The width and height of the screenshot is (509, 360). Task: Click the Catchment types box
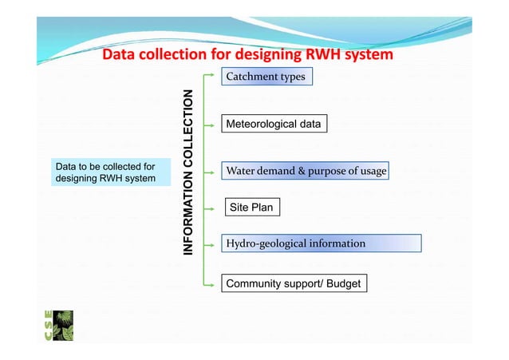[266, 77]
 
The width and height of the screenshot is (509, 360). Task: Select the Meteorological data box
[274, 125]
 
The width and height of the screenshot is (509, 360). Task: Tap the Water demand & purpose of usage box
[306, 171]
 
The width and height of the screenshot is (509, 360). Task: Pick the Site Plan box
[251, 208]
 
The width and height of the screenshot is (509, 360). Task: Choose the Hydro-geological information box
[321, 243]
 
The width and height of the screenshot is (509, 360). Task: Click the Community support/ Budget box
[294, 283]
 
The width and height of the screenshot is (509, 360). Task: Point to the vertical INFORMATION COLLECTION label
[188, 172]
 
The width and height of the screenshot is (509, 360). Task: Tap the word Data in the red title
[120, 55]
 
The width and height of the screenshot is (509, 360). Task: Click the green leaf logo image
[63, 326]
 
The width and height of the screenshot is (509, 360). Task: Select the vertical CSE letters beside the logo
[48, 326]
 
